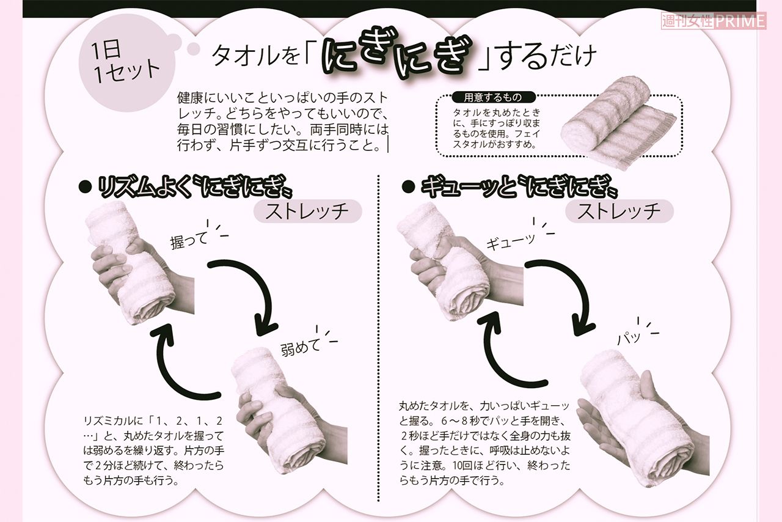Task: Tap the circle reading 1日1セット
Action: [x=126, y=62]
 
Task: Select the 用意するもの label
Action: [x=493, y=97]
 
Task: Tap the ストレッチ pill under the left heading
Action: [x=307, y=211]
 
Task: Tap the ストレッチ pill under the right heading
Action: [x=619, y=211]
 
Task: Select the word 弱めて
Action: [x=301, y=347]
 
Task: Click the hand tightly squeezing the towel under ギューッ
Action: [x=452, y=269]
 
